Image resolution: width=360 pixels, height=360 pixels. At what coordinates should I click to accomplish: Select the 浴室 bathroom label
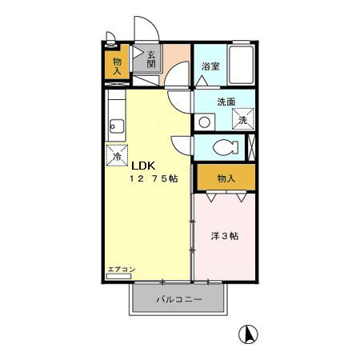coord(210,67)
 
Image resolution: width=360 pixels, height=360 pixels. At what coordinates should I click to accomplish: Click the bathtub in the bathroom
coord(239,64)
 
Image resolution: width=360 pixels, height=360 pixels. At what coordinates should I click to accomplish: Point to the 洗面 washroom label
coord(226,102)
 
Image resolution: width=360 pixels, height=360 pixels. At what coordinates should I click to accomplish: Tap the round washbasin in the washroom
coord(204,122)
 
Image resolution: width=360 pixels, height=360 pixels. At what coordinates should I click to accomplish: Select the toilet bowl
coord(226,148)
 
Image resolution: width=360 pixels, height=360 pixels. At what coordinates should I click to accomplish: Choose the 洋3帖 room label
coord(225,237)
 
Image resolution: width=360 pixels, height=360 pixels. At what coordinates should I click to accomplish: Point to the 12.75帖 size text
coord(154,180)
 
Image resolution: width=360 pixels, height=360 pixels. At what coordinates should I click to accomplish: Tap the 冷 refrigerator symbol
coord(118,153)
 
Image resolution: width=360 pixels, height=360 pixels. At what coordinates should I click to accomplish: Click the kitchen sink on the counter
coord(115,124)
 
